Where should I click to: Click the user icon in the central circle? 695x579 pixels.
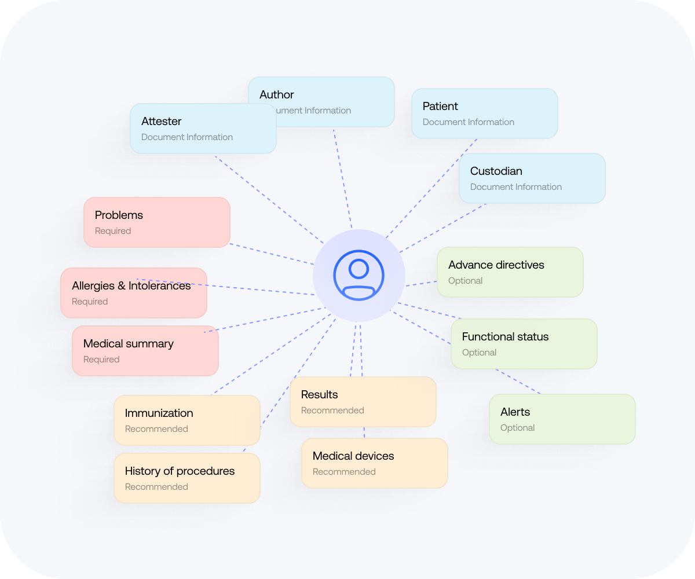pyautogui.click(x=359, y=276)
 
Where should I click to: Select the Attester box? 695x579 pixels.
pyautogui.click(x=203, y=129)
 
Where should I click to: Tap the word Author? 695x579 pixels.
pyautogui.click(x=276, y=94)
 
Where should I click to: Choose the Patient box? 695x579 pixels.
pyautogui.click(x=484, y=113)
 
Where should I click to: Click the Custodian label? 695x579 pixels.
pyautogui.click(x=496, y=171)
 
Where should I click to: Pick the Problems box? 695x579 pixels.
pyautogui.click(x=156, y=222)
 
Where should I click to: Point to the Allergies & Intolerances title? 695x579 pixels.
pyautogui.click(x=131, y=285)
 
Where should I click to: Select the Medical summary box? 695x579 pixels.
pyautogui.click(x=145, y=351)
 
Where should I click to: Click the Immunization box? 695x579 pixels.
pyautogui.click(x=186, y=420)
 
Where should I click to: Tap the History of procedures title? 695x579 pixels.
pyautogui.click(x=180, y=471)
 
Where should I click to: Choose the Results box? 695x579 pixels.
pyautogui.click(x=363, y=402)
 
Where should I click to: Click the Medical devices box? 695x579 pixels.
pyautogui.click(x=374, y=463)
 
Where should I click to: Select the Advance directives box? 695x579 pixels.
pyautogui.click(x=510, y=272)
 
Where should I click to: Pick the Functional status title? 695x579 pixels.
pyautogui.click(x=505, y=336)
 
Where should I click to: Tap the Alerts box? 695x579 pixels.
pyautogui.click(x=562, y=419)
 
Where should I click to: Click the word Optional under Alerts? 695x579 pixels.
pyautogui.click(x=517, y=428)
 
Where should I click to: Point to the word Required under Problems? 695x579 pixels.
pyautogui.click(x=113, y=231)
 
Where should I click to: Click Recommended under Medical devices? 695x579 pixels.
pyautogui.click(x=344, y=472)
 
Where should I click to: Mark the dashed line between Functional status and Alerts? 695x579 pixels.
pyautogui.click(x=518, y=382)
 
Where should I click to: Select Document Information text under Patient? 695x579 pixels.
pyautogui.click(x=468, y=122)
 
